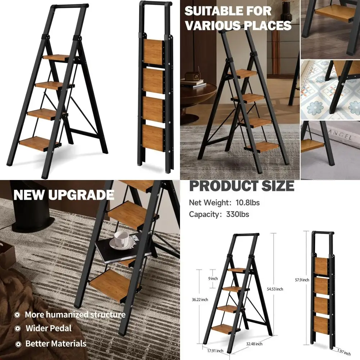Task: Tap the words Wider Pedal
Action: point(48,328)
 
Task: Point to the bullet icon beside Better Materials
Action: point(17,344)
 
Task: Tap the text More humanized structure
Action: point(75,314)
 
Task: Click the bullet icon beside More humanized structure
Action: point(17,315)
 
